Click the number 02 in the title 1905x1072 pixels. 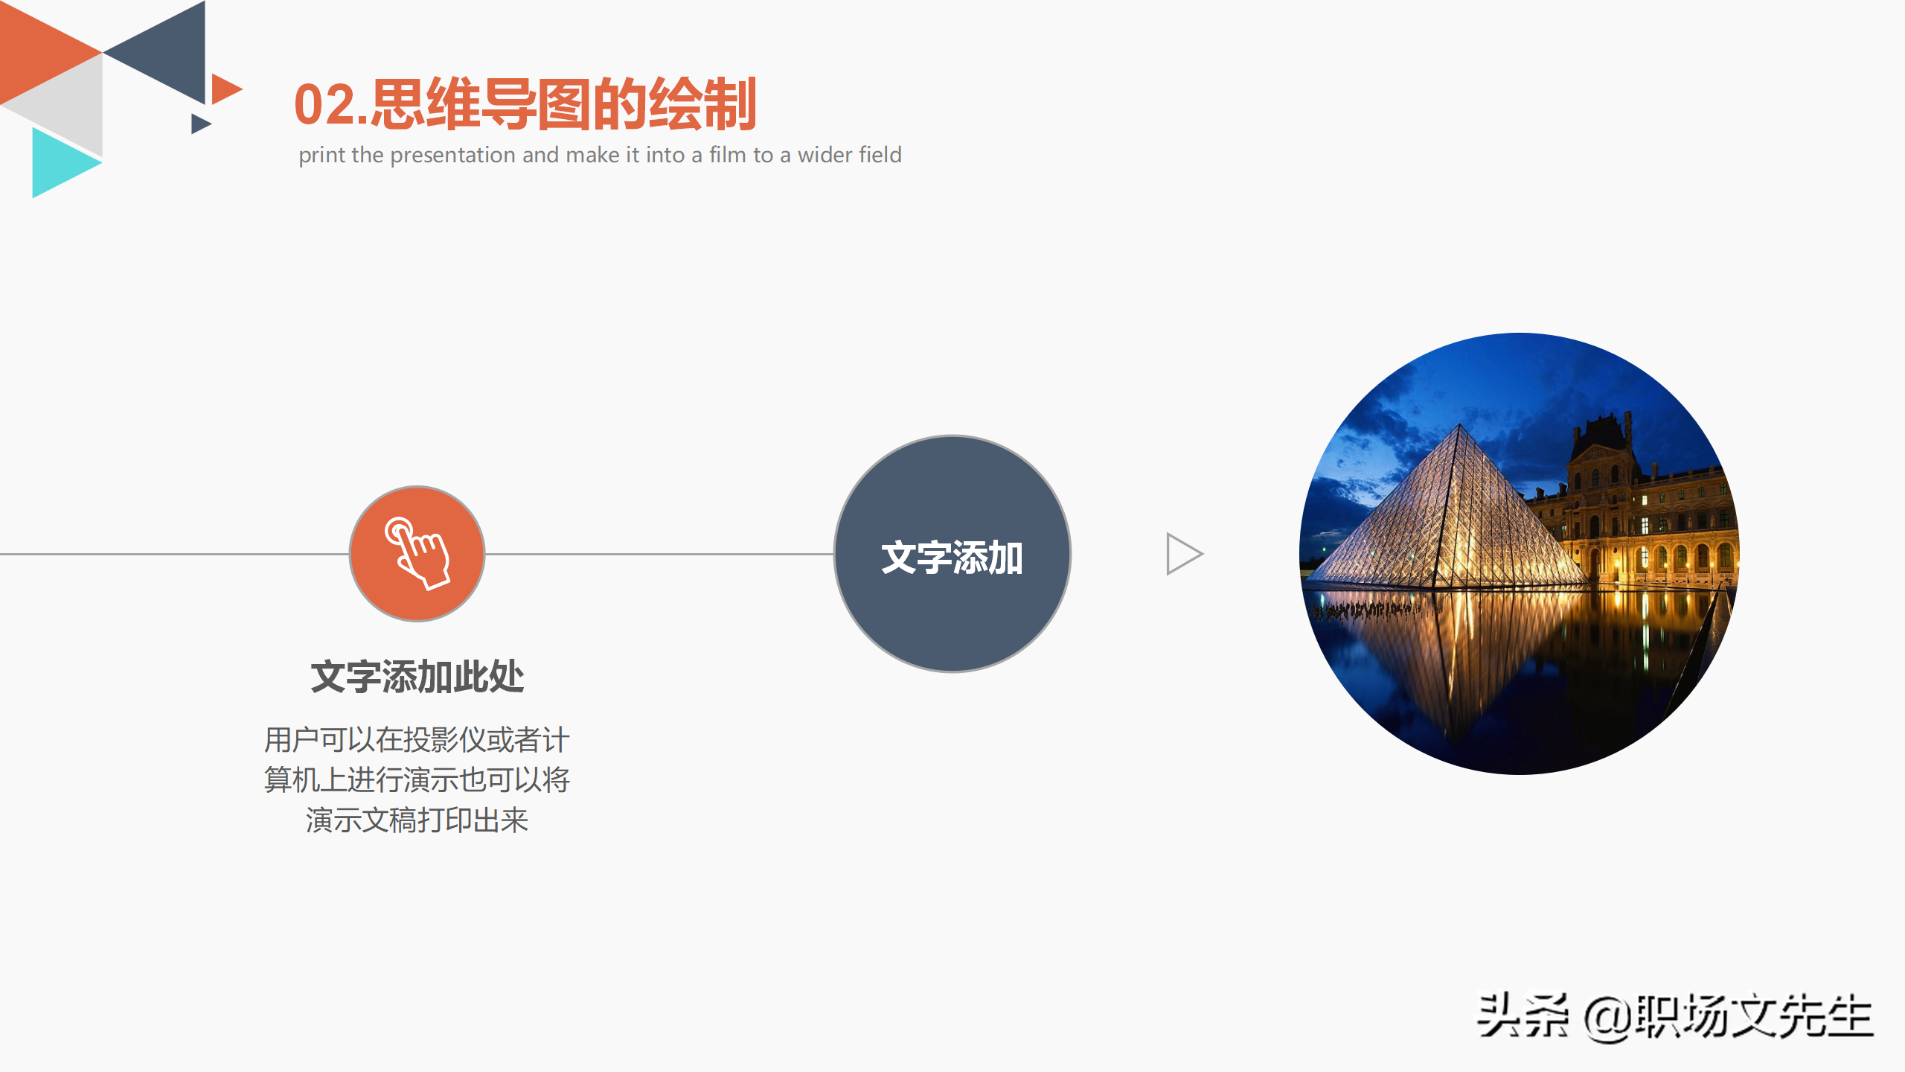point(324,106)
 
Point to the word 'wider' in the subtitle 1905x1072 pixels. point(825,155)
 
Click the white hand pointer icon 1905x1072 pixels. point(417,554)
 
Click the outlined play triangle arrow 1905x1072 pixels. point(1182,554)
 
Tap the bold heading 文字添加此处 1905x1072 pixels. point(417,677)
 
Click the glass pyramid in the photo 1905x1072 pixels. point(1451,514)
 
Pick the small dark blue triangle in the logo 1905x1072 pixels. point(199,124)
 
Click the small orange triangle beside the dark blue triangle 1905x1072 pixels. point(224,89)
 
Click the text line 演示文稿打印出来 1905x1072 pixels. point(417,820)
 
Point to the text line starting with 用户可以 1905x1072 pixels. point(417,740)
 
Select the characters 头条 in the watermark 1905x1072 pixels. point(1523,1016)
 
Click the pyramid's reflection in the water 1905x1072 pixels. point(1459,655)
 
